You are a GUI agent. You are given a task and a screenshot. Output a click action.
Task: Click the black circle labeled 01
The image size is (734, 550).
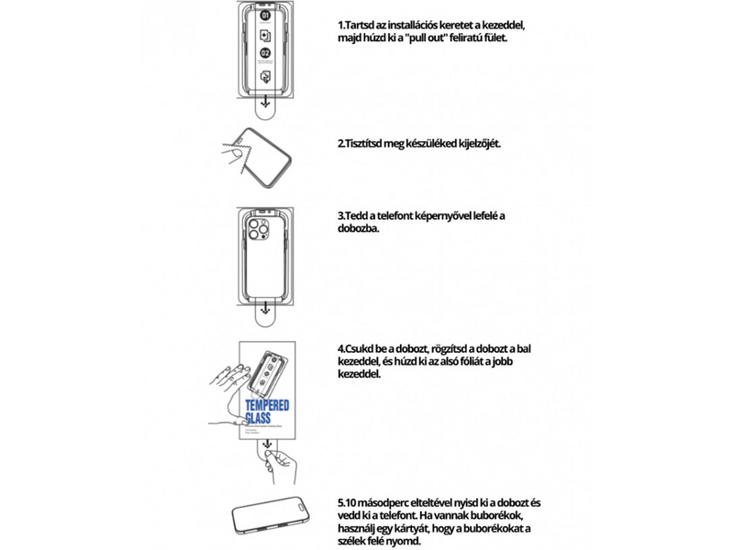coord(265,16)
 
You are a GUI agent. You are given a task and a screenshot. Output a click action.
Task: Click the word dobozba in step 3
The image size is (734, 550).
coord(359,228)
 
